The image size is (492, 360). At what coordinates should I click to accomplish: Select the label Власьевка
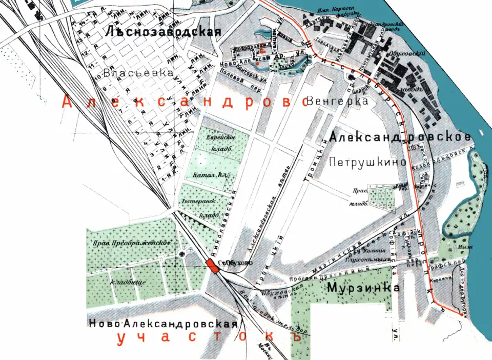[x=138, y=73]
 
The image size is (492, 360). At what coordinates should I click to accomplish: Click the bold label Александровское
[x=401, y=137]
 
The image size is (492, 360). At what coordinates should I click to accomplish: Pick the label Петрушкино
[x=368, y=163]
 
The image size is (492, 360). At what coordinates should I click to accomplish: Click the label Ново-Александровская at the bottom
[x=163, y=324]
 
